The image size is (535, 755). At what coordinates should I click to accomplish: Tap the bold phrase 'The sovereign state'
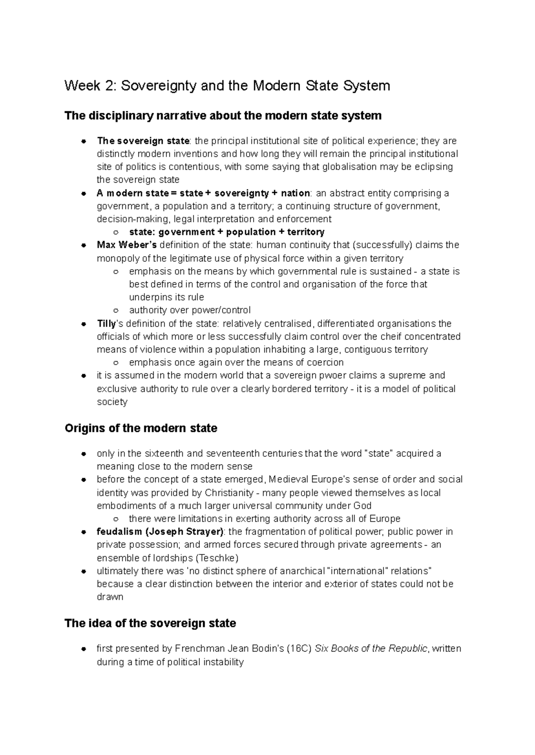(x=143, y=141)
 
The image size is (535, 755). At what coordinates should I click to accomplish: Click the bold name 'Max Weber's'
(x=127, y=245)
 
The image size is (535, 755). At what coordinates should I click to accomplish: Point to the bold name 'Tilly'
(x=106, y=324)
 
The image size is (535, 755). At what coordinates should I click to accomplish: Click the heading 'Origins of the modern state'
(x=141, y=428)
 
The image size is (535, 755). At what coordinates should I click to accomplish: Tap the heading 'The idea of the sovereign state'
(x=150, y=623)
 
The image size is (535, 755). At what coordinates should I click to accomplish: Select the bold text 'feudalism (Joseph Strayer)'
(x=160, y=532)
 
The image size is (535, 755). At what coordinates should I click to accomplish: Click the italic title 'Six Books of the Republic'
(x=371, y=648)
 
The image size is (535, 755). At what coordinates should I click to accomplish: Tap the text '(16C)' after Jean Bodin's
(x=299, y=648)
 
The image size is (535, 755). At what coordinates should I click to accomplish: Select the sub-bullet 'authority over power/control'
(x=189, y=310)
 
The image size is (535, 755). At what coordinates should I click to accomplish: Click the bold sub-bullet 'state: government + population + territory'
(x=226, y=232)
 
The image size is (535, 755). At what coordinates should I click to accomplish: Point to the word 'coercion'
(x=324, y=362)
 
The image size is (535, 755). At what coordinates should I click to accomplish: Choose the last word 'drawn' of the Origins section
(x=110, y=597)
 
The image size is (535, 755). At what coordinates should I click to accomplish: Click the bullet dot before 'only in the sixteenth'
(x=83, y=454)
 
